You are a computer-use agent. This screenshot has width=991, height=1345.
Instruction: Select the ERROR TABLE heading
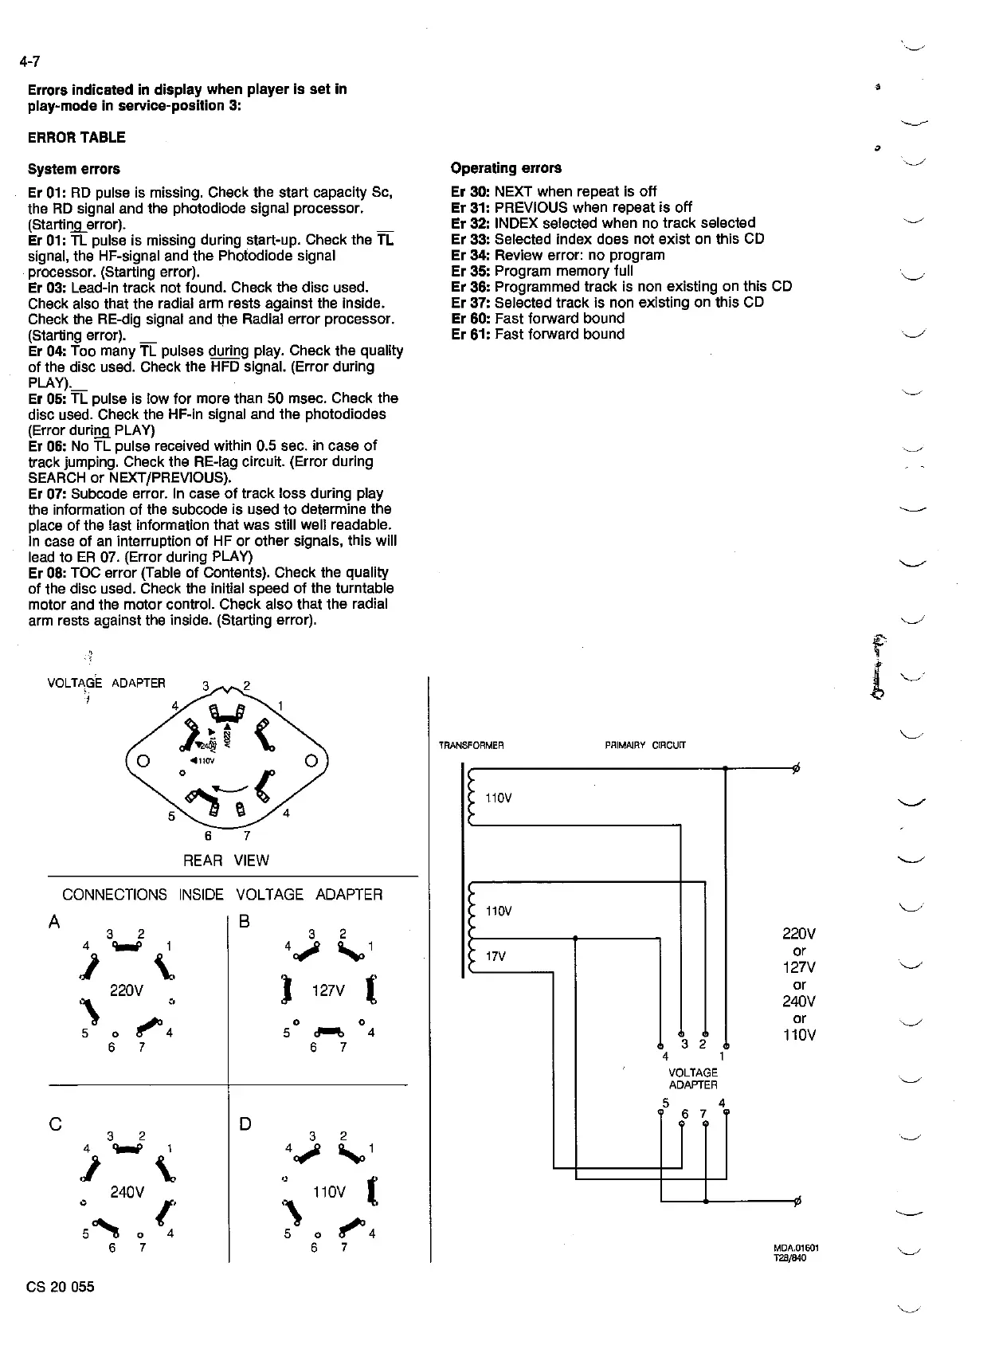76,137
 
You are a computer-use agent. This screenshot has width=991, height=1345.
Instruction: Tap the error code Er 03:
48,287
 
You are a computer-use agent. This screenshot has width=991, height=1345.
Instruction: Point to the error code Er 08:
48,572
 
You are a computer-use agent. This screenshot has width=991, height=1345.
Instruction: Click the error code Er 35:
471,271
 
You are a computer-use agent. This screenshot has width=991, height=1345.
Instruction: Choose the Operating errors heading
506,168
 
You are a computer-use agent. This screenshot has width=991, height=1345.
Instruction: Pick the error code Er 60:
471,319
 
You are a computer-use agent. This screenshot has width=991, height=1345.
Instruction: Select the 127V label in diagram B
327,990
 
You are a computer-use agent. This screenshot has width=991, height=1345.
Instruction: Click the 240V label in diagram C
127,1193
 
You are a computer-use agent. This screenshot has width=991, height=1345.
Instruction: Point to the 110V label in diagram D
329,1192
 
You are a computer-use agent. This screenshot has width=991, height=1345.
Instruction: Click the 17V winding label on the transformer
495,956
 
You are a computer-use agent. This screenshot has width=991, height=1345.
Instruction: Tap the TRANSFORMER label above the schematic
471,746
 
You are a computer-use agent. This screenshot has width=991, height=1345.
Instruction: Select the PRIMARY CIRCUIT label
645,746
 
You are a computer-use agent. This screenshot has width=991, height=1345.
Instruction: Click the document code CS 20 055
61,1287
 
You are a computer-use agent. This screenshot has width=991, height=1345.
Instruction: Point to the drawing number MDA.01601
796,1248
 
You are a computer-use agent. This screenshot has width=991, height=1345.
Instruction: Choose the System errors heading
74,169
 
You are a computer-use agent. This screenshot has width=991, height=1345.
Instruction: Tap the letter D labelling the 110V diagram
245,1124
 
